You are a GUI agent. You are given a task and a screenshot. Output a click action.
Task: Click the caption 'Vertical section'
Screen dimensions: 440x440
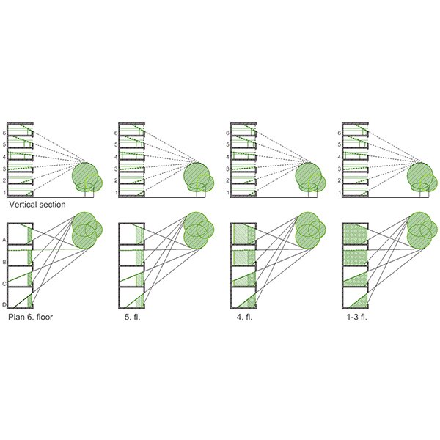pyautogui.click(x=37, y=205)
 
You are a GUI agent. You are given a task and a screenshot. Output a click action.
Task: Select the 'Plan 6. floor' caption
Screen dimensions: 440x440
pyautogui.click(x=30, y=317)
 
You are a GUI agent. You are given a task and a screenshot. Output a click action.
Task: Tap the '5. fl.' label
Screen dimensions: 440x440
pyautogui.click(x=132, y=317)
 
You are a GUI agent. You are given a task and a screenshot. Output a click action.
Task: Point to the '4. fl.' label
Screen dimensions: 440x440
pyautogui.click(x=244, y=317)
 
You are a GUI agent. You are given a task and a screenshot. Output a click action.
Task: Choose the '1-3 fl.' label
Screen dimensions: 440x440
pyautogui.click(x=357, y=317)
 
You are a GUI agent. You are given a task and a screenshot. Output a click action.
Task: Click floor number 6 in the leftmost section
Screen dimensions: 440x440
pyautogui.click(x=4, y=133)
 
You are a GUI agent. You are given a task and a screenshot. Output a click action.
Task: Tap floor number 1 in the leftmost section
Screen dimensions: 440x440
pyautogui.click(x=4, y=193)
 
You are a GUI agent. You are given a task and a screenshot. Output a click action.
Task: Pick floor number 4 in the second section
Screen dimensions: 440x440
pyautogui.click(x=116, y=157)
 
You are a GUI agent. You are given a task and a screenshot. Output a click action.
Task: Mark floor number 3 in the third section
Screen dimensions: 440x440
pyautogui.click(x=227, y=169)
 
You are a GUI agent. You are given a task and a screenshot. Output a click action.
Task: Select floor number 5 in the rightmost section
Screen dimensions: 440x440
pyautogui.click(x=340, y=144)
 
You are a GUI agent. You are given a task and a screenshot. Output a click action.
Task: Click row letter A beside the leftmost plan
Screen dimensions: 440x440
pyautogui.click(x=4, y=240)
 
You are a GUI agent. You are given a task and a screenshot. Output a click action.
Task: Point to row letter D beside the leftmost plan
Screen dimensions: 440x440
pyautogui.click(x=4, y=304)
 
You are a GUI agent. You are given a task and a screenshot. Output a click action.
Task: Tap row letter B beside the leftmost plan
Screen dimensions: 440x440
pyautogui.click(x=4, y=262)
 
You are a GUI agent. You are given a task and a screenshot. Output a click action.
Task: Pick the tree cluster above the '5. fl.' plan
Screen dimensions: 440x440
pyautogui.click(x=199, y=230)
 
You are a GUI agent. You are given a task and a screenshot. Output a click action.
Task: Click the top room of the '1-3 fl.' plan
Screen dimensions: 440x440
pyautogui.click(x=355, y=235)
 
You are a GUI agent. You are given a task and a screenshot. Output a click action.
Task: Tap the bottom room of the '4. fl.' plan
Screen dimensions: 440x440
pyautogui.click(x=243, y=297)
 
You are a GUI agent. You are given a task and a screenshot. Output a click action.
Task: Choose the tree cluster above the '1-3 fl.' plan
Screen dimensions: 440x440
pyautogui.click(x=422, y=230)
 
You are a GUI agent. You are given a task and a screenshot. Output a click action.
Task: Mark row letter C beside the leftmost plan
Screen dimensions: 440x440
pyautogui.click(x=4, y=284)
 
